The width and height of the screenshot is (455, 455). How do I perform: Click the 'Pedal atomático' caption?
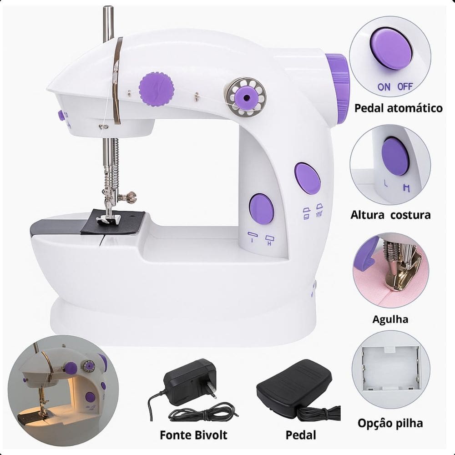coord(399,108)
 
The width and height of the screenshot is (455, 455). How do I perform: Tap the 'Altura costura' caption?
coord(390,215)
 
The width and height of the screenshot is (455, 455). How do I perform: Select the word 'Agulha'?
coord(390,319)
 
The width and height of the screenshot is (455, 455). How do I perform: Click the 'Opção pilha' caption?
coord(390,423)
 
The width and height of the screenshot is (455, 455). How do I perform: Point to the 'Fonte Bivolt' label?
coord(194,435)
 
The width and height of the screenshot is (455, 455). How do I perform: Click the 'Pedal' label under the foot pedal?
coord(300,435)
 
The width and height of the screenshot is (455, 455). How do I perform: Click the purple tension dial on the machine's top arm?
coord(157,89)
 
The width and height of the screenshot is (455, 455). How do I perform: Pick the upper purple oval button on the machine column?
coord(308,178)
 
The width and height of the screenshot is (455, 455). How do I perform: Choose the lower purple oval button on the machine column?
coord(261,209)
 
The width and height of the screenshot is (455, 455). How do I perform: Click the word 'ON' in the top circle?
coord(384,86)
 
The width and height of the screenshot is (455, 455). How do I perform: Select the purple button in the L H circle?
coord(394,157)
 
